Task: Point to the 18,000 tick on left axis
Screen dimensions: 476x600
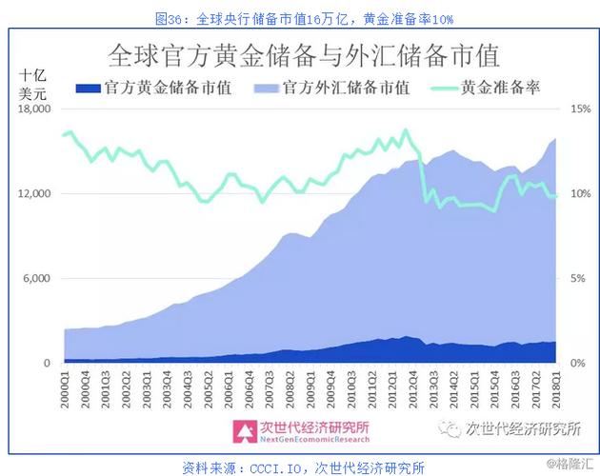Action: [x=36, y=109]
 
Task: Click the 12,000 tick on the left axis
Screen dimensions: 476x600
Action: [x=36, y=194]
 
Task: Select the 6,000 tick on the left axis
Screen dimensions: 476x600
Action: [x=39, y=279]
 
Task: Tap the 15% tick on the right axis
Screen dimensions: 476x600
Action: [x=581, y=109]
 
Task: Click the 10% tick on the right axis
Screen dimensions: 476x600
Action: [x=581, y=194]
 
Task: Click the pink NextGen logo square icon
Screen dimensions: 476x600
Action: [x=247, y=430]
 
